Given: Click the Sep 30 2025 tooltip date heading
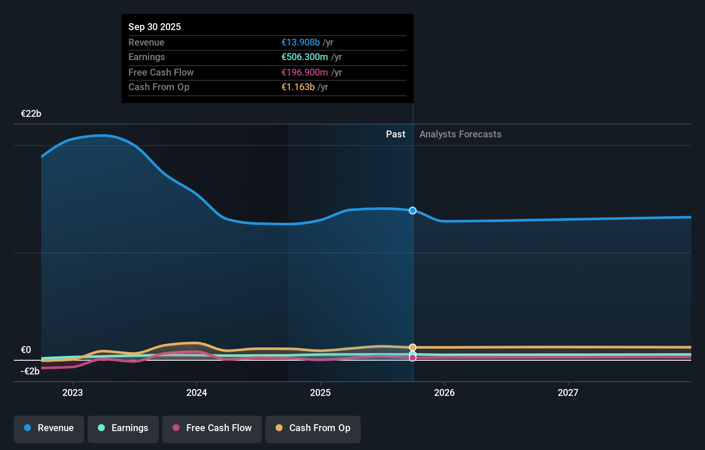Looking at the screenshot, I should point(155,27).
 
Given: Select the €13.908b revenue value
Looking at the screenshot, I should point(300,42).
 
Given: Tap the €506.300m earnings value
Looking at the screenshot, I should point(304,57).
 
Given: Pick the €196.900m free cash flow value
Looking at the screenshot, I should point(304,72).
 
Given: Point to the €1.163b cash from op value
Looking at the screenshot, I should point(298,87).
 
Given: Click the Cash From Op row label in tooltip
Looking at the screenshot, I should point(159,87).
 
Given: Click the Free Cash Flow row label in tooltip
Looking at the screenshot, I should point(161,72).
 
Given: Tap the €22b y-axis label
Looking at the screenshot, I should point(31,113).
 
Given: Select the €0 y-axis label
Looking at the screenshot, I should point(26,350).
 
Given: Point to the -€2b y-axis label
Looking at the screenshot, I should point(30,371).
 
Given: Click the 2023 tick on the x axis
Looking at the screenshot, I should point(73,392).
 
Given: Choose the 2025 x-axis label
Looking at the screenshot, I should point(320,392).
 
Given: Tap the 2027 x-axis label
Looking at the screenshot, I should point(568,392).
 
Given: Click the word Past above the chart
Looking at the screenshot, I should point(395,134).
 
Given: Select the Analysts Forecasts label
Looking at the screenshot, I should point(460,134).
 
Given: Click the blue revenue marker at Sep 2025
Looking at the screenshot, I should point(413,210).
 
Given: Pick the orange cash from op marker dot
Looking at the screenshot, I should point(413,347).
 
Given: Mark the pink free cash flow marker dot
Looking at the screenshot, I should point(413,358).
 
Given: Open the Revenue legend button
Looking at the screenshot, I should point(49,428).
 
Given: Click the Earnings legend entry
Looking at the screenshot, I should point(123,428).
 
